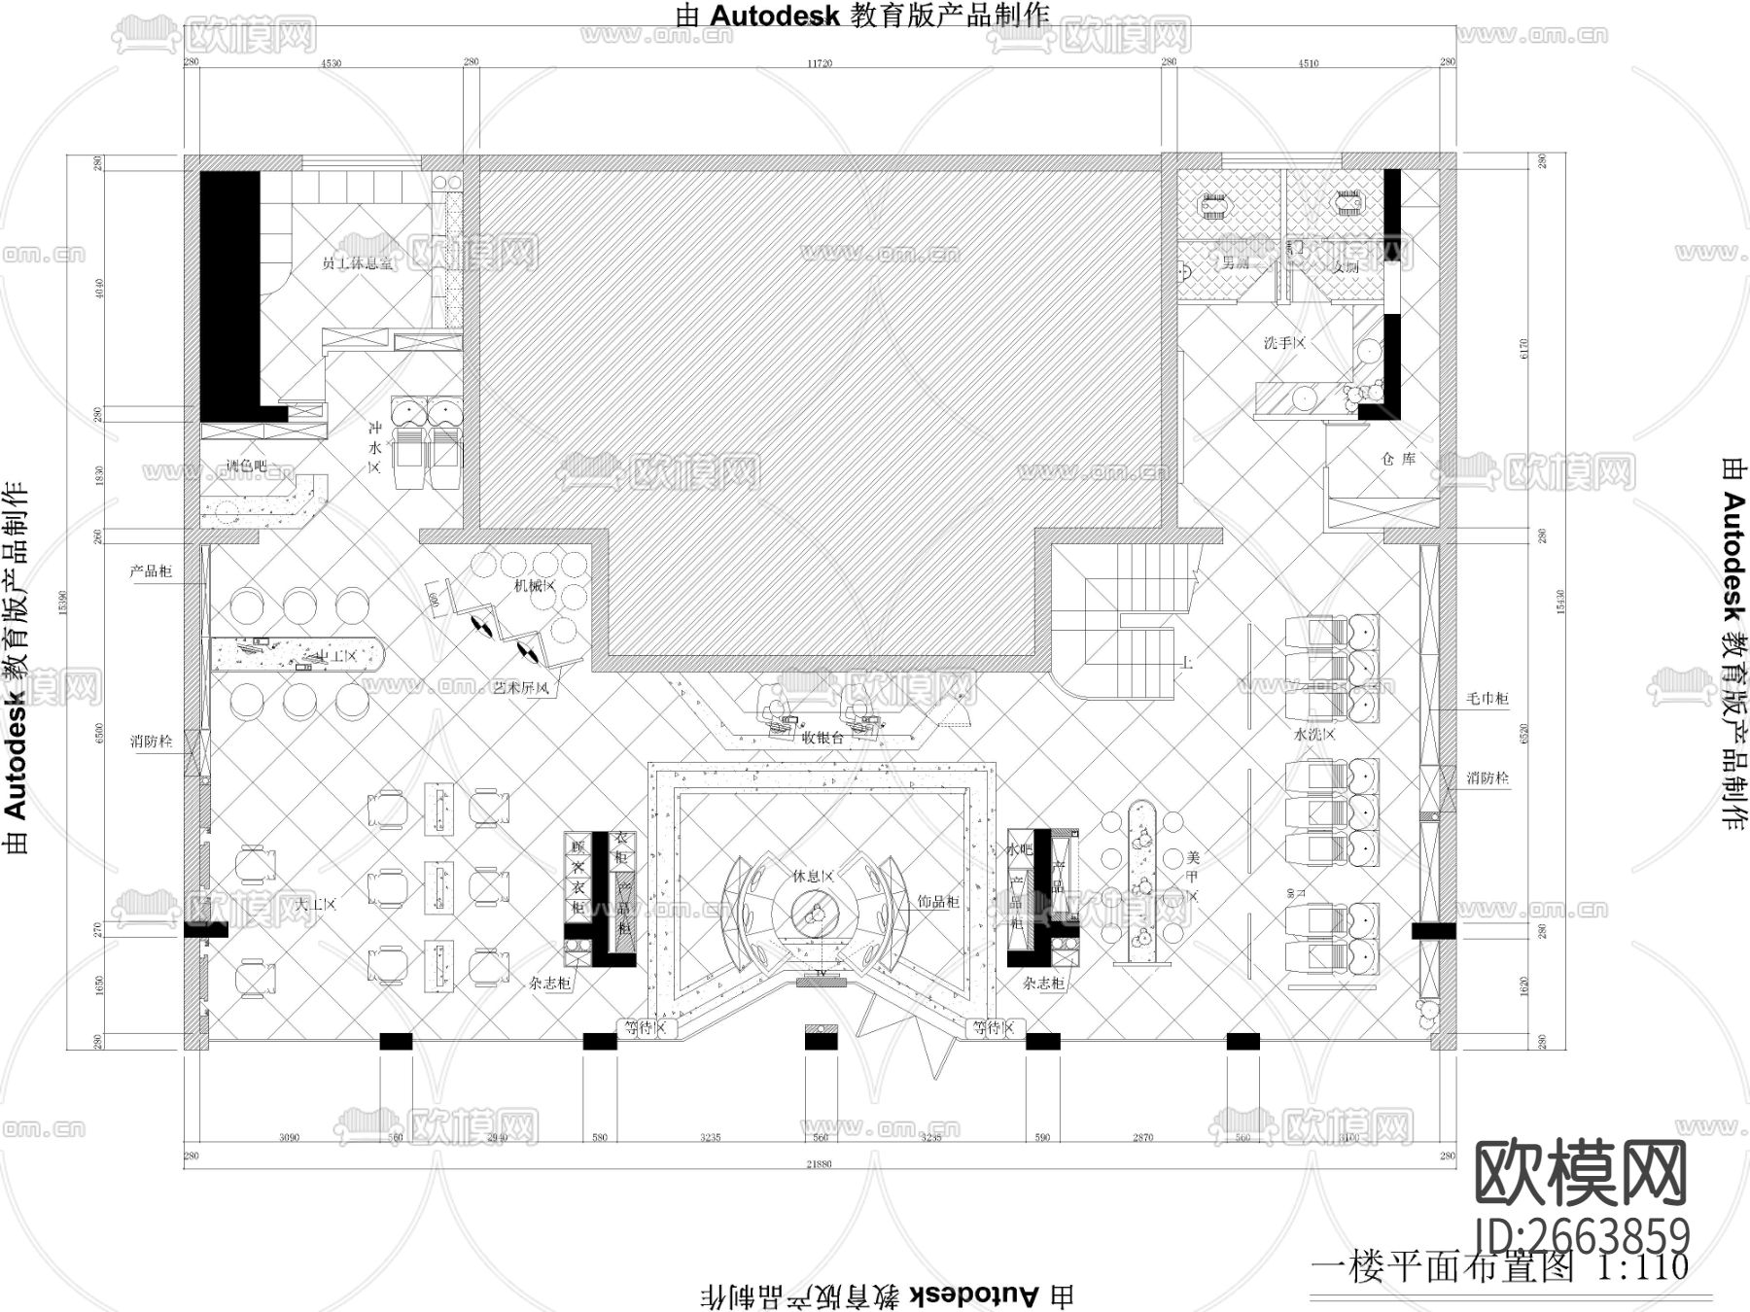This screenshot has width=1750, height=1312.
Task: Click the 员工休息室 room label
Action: click(x=359, y=263)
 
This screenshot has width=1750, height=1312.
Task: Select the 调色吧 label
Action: click(x=246, y=466)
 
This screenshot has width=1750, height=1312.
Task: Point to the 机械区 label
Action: click(x=535, y=586)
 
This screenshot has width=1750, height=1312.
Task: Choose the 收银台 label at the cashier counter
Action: click(x=823, y=738)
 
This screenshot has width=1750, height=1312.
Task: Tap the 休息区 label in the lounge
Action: click(x=812, y=876)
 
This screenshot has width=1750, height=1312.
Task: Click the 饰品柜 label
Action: click(x=938, y=902)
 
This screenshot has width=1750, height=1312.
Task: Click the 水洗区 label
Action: click(x=1314, y=734)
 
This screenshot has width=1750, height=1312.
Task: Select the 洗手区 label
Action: click(x=1283, y=343)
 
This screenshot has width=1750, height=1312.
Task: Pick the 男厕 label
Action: click(x=1235, y=262)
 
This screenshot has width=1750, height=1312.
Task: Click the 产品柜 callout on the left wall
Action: click(x=151, y=571)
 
